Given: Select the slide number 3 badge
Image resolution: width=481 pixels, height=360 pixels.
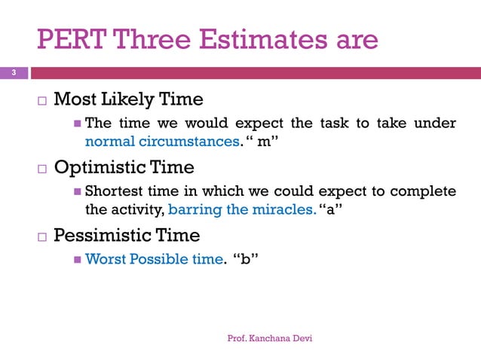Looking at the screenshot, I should tap(12, 73).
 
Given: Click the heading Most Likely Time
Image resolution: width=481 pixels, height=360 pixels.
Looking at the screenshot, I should tap(128, 99).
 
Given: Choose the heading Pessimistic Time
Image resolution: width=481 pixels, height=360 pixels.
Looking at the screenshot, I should tap(127, 236).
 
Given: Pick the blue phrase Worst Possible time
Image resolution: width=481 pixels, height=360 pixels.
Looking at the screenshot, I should tap(154, 260).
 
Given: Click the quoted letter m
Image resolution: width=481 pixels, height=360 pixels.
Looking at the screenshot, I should tap(264, 141).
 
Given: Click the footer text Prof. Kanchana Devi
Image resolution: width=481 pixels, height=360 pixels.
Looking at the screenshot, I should tap(270, 338).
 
